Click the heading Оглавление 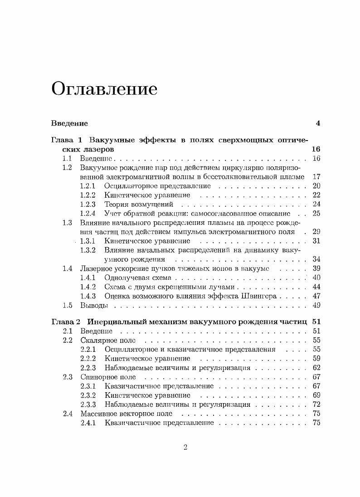pos(104,88)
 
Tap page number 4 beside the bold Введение pos(318,123)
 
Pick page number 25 pos(316,213)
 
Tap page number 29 pos(316,232)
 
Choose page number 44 pos(316,287)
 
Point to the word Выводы pos(94,305)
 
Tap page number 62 pos(316,367)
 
